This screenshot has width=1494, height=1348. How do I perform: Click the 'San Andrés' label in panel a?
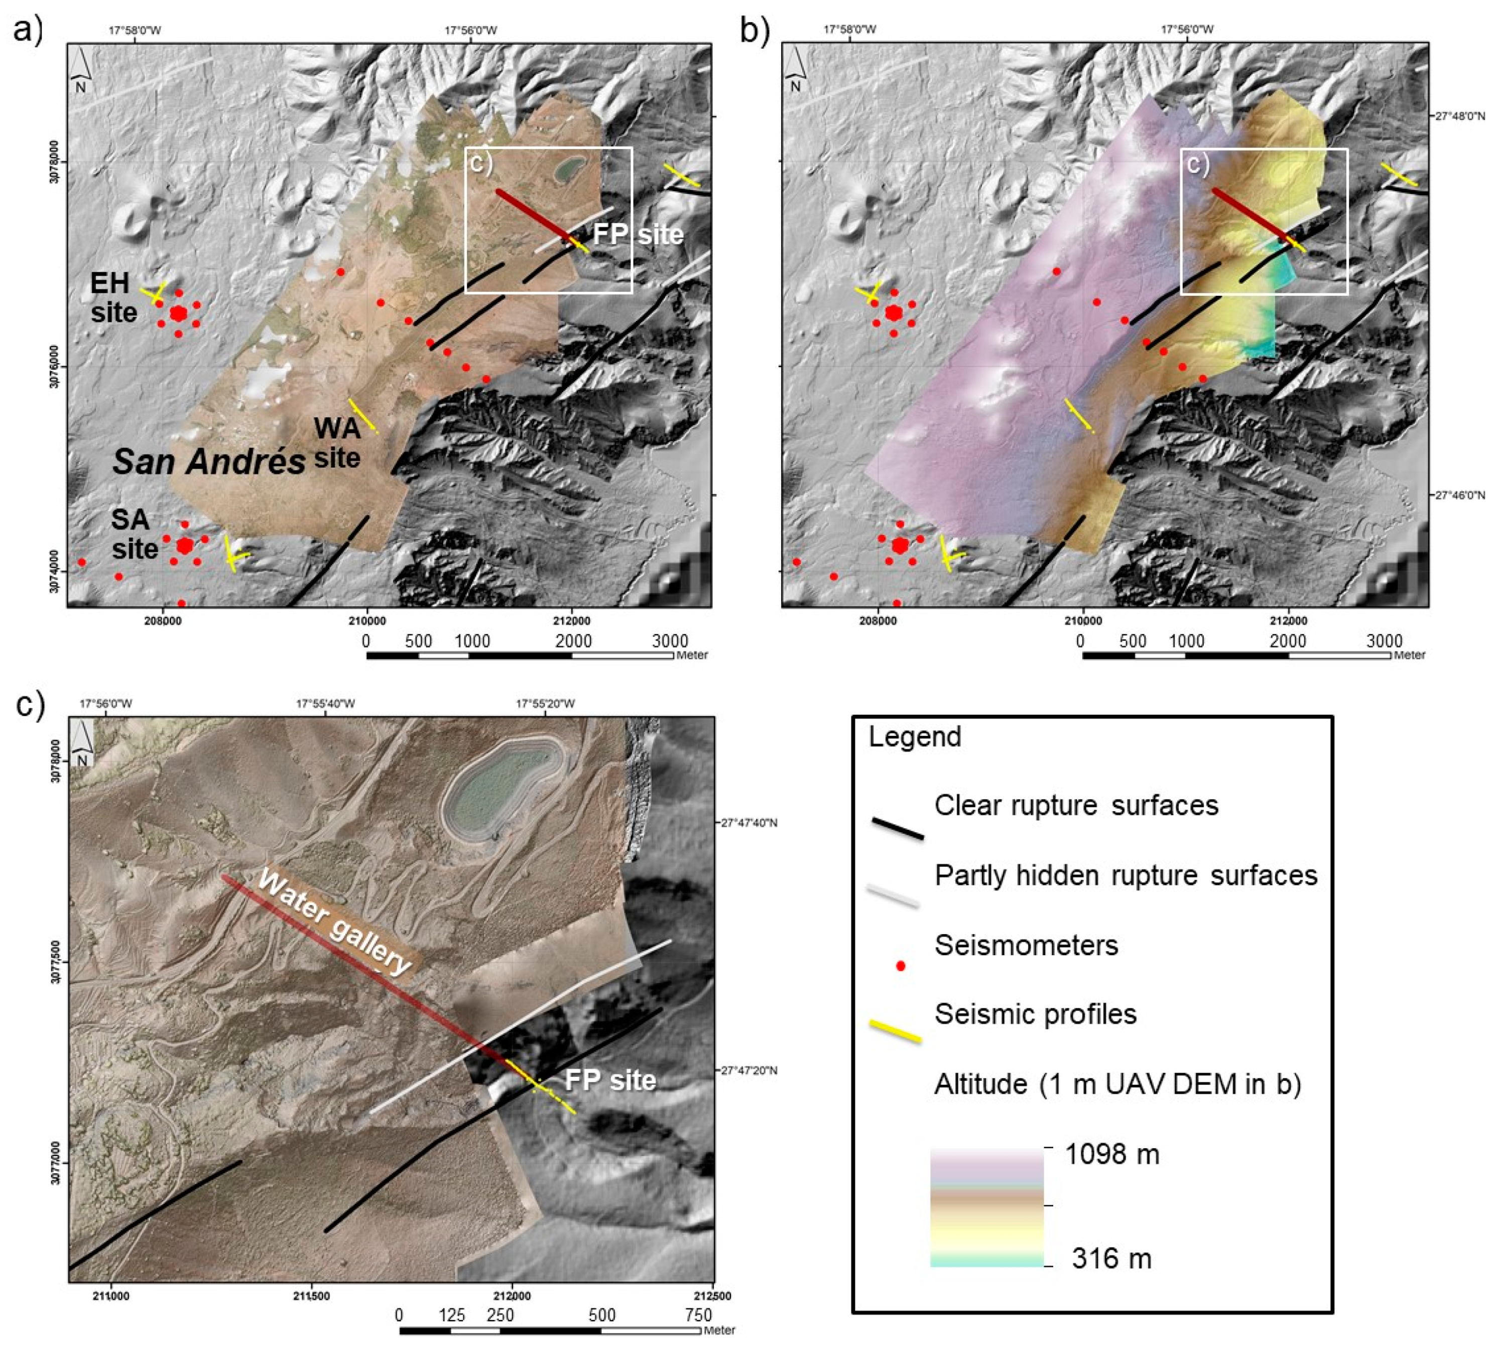click(x=209, y=462)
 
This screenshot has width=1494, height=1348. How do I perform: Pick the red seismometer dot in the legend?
click(x=900, y=966)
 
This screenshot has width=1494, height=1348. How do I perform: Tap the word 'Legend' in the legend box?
click(x=914, y=737)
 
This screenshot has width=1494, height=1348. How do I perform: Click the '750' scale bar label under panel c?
click(x=698, y=1315)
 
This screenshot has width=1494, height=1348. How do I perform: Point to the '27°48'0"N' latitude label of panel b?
click(x=1460, y=117)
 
